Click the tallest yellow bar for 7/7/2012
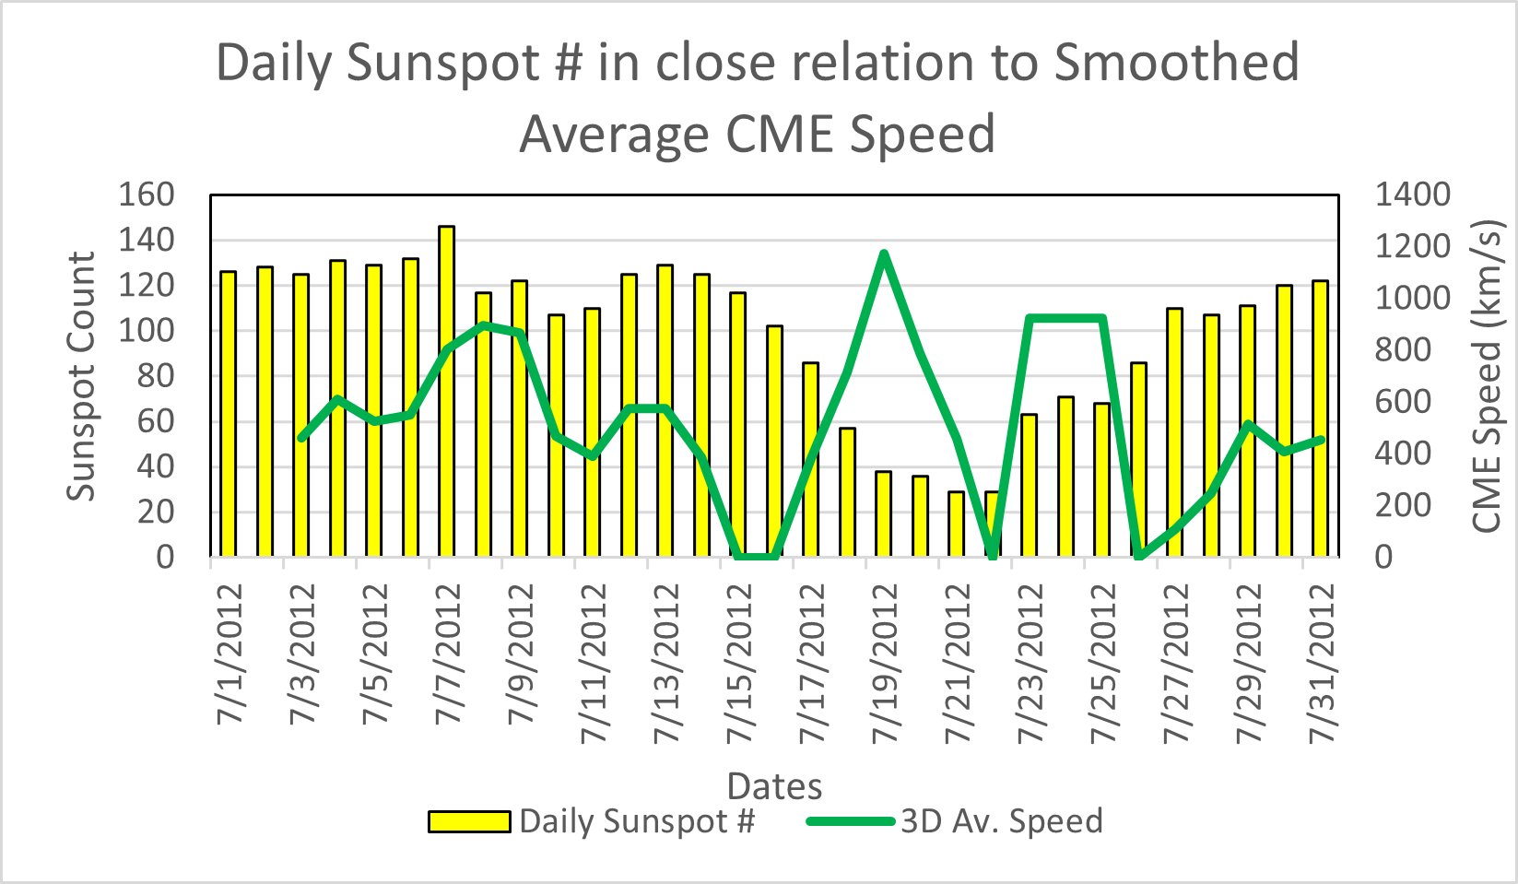click(447, 392)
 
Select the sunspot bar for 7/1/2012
click(228, 415)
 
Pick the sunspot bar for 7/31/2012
click(1320, 418)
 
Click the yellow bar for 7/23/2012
click(1029, 486)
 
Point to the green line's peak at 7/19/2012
click(884, 253)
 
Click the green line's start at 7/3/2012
click(301, 437)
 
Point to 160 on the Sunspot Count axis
click(147, 194)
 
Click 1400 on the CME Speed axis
click(1412, 194)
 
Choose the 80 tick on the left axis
click(156, 375)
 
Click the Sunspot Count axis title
click(82, 376)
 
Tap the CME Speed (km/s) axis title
click(1487, 376)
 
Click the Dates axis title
click(774, 786)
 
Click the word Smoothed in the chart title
click(1176, 63)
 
